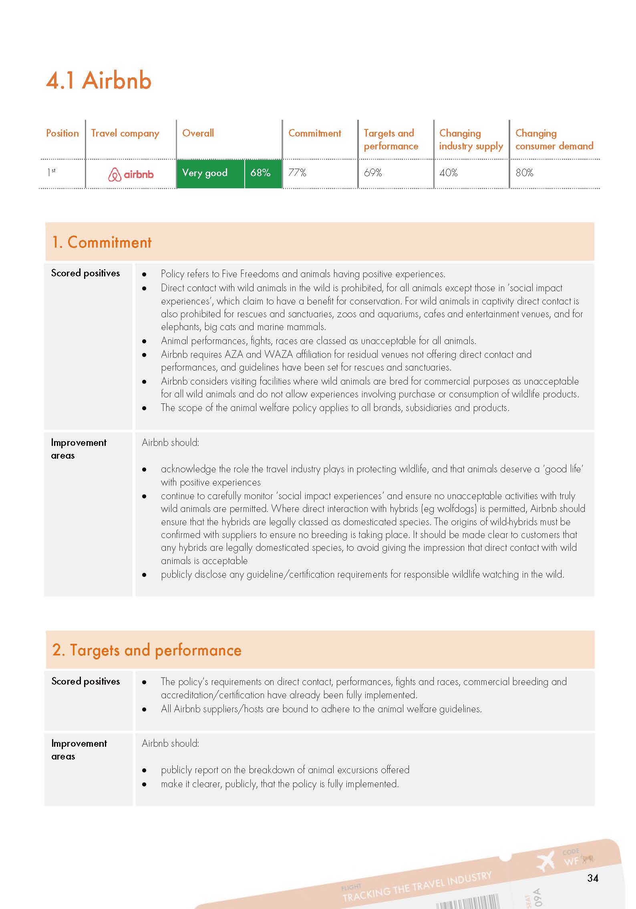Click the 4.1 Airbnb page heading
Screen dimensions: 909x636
point(99,80)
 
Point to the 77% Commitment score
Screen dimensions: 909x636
point(297,173)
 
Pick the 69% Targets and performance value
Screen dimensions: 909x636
point(373,173)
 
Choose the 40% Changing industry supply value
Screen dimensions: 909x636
point(449,173)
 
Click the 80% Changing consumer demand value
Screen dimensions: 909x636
point(524,173)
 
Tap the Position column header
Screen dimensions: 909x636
point(62,133)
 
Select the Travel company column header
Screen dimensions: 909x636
point(125,133)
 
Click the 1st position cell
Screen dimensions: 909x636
point(51,172)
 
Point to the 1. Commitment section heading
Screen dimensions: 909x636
point(102,242)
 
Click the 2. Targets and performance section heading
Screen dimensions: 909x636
point(147,650)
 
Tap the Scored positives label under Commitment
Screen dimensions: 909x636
point(85,273)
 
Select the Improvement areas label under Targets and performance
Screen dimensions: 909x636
point(79,750)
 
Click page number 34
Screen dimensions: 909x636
point(593,878)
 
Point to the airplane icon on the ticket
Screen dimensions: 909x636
point(545,861)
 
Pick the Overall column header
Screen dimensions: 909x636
point(198,133)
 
